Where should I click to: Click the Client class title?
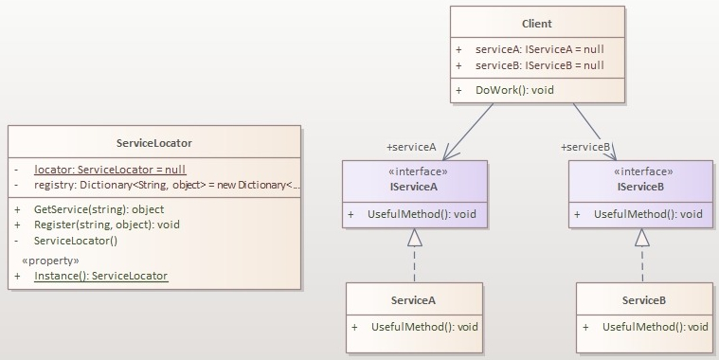point(536,23)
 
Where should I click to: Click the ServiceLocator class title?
point(153,143)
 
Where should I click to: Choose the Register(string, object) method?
point(106,225)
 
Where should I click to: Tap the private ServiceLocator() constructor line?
point(75,241)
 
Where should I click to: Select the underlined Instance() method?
point(100,276)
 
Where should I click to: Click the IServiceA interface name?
point(413,188)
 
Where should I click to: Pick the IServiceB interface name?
point(639,188)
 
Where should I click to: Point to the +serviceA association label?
point(411,148)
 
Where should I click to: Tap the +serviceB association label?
point(585,148)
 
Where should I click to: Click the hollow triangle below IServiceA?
point(415,239)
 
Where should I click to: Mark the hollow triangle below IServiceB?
point(642,239)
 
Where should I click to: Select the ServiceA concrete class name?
point(414,300)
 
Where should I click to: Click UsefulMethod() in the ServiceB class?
point(655,327)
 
